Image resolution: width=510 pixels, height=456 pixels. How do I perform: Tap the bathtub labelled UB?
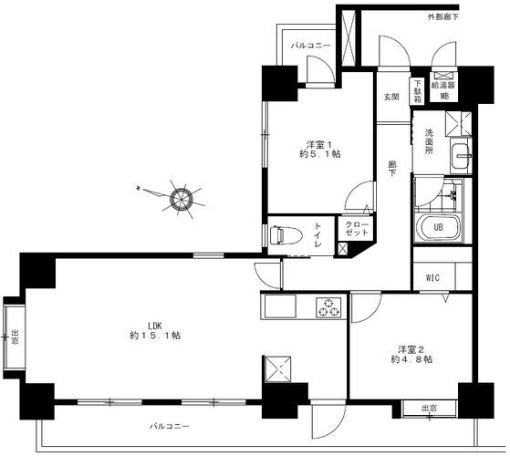(439, 227)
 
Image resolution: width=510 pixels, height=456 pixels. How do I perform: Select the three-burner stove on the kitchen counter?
(328, 307)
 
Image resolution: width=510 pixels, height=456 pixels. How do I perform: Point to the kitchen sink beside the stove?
(280, 306)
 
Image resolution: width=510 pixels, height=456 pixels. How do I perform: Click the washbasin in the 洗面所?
(460, 155)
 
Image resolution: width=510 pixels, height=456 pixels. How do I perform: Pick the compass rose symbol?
(182, 199)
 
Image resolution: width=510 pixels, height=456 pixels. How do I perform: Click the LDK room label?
(155, 330)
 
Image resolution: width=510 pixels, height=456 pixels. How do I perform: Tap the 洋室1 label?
(320, 149)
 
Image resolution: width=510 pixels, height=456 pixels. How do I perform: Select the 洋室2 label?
(411, 354)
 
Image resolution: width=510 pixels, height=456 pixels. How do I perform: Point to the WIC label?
(432, 278)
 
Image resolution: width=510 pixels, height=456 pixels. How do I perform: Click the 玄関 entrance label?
(391, 97)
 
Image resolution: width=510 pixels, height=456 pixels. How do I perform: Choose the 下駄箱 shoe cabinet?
(417, 91)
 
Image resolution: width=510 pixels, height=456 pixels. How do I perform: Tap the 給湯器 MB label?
(443, 90)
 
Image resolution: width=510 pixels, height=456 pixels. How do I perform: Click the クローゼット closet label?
(357, 229)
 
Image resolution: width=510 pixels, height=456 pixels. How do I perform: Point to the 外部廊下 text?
(442, 17)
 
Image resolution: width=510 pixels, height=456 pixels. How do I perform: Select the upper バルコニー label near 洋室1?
(310, 46)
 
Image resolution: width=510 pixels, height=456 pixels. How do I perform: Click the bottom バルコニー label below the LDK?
(169, 426)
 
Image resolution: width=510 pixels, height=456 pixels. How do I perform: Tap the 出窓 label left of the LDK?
(16, 337)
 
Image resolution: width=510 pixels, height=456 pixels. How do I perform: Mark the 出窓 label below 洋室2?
(430, 408)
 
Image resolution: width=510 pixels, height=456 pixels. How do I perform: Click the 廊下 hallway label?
(392, 169)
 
